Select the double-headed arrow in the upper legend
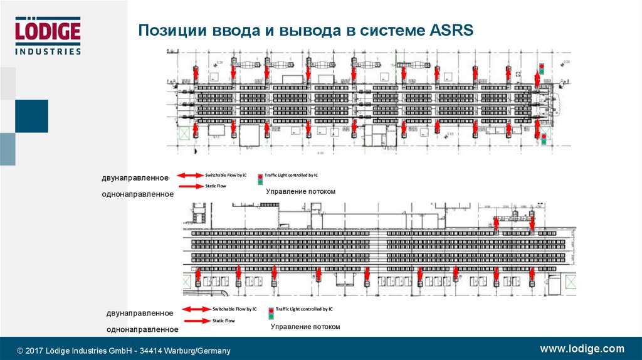tap(190, 176)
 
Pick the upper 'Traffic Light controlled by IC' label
tap(291, 176)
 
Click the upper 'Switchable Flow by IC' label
tap(226, 176)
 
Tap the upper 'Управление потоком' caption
tap(301, 191)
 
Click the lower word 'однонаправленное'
tap(142, 329)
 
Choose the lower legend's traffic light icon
tap(271, 313)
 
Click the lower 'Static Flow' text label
tap(223, 320)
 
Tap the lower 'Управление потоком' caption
tap(305, 327)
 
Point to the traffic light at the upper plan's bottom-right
tap(544, 138)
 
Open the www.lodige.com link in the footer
tap(582, 349)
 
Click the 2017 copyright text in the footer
tap(124, 351)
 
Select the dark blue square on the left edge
tap(31, 116)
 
